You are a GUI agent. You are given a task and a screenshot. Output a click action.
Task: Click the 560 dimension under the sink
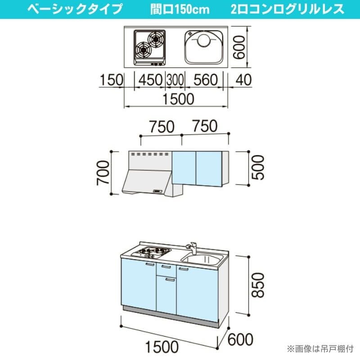coord(206,80)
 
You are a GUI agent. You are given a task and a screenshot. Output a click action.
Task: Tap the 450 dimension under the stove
coord(150,80)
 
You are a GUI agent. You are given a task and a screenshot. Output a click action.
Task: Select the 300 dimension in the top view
coord(175,80)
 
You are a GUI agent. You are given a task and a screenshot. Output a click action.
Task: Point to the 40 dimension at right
coord(243,80)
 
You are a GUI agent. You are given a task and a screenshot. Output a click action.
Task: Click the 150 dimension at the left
coord(112,80)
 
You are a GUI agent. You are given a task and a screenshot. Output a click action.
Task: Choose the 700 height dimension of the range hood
coord(103,173)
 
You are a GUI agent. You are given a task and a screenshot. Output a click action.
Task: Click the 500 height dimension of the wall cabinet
coord(258,167)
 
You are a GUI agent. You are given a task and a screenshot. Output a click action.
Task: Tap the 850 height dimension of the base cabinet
coord(258,285)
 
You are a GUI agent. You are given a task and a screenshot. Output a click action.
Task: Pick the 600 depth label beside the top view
coord(238,47)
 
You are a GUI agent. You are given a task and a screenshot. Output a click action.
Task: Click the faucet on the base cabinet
coord(192,247)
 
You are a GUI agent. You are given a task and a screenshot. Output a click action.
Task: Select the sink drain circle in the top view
coord(203,40)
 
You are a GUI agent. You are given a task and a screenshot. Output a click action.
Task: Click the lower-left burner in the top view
coord(144,49)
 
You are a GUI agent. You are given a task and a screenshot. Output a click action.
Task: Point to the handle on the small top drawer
coord(166,266)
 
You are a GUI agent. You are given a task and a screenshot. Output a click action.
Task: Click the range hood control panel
coord(158,191)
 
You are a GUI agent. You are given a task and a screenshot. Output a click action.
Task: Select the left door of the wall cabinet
coord(184,168)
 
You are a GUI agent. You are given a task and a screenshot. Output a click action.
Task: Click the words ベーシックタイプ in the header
coord(75,9)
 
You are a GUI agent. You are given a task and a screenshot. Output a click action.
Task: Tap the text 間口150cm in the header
coord(180,9)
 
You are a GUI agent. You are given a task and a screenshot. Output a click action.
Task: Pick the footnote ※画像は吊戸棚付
coord(320,349)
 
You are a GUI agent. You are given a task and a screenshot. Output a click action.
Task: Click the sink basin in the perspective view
coord(202,260)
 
